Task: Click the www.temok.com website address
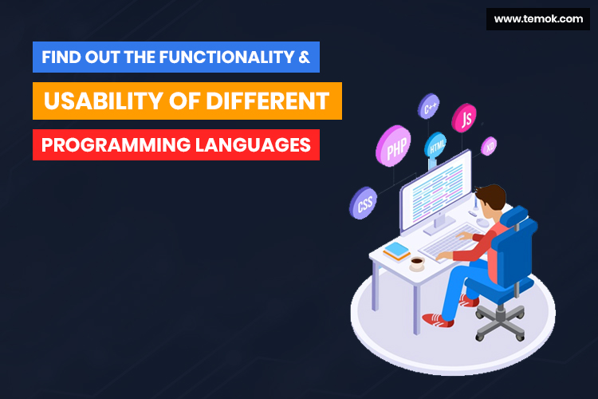pos(538,18)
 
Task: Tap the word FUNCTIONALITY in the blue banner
pos(226,57)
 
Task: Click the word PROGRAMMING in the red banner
pos(116,145)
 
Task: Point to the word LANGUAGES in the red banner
pos(254,145)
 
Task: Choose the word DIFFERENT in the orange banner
pos(267,101)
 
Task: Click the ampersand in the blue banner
pos(304,57)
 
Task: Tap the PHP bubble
pos(394,146)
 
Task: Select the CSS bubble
pos(364,203)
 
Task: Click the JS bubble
pos(464,118)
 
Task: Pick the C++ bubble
pos(429,106)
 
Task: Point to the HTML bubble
pos(435,145)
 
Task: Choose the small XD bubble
pos(489,146)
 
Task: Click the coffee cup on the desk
pos(417,263)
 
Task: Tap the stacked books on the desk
pos(397,251)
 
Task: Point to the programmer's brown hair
pos(493,196)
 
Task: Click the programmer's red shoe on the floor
pos(438,320)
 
